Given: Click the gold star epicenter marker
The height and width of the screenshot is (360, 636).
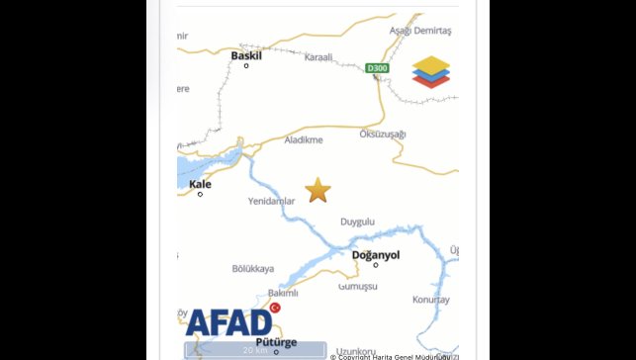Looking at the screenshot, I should click(x=318, y=190).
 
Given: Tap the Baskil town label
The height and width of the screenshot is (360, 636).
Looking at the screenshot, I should click(x=246, y=56).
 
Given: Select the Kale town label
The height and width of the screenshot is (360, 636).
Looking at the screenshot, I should click(x=200, y=184).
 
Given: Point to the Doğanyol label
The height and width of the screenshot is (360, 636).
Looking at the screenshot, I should click(x=376, y=255).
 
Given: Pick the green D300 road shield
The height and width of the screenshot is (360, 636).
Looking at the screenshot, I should click(x=377, y=68).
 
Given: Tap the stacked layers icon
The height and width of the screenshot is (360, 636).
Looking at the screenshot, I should click(x=431, y=72).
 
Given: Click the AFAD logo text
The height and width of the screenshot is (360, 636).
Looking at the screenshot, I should click(x=228, y=322).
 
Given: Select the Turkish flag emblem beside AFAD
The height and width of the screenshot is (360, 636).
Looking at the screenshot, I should click(x=275, y=309).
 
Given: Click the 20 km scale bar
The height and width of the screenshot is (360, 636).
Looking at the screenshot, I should click(x=255, y=349).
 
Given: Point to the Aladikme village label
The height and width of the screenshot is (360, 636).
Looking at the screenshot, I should click(x=304, y=140).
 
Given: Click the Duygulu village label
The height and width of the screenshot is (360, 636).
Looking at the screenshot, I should click(x=357, y=223).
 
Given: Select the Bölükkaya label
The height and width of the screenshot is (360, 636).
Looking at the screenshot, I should click(x=252, y=269).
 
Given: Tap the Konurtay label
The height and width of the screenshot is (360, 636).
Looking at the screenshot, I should click(x=431, y=299).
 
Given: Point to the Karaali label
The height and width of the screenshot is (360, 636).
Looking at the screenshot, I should click(x=319, y=57).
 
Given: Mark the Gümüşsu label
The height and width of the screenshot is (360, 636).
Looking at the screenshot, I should click(x=358, y=286).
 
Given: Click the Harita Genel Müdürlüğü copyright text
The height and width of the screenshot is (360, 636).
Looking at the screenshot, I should click(x=394, y=356).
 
